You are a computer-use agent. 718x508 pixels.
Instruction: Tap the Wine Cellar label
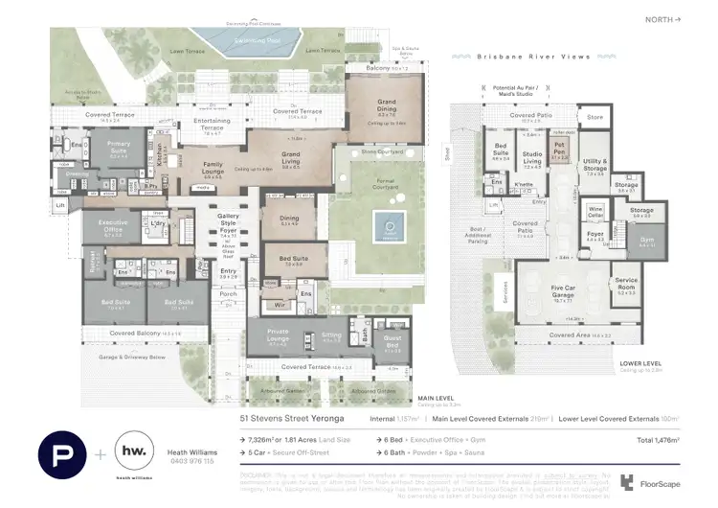click(595, 211)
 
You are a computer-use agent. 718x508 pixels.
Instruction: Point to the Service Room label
click(626, 286)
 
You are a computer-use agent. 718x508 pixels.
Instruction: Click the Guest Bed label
click(393, 343)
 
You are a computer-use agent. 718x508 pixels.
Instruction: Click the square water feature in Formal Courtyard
click(389, 226)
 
